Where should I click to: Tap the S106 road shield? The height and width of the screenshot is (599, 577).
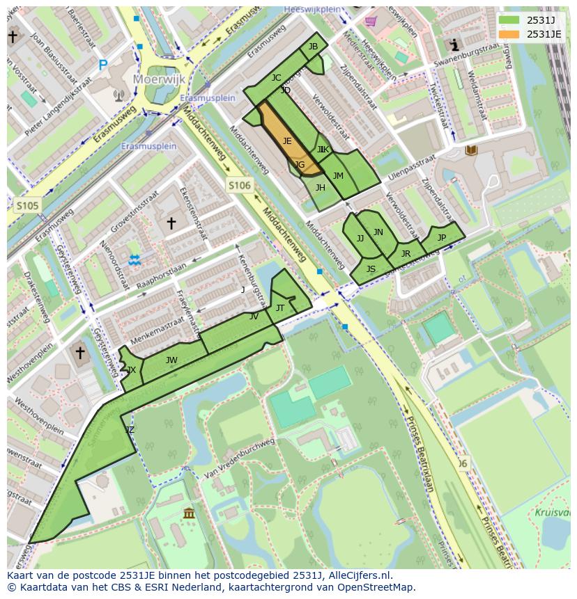238,184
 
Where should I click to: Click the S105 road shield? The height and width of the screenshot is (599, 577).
27,205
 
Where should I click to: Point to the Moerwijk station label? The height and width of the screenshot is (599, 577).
160,80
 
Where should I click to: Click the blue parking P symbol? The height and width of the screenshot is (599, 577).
103,65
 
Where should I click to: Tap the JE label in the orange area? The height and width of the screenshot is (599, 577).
287,141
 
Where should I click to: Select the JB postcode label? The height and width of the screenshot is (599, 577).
313,47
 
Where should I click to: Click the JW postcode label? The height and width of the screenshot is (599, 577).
171,360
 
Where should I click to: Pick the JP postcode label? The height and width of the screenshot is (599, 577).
441,237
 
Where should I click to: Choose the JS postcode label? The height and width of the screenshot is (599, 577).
371,269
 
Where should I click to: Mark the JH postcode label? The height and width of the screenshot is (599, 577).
320,187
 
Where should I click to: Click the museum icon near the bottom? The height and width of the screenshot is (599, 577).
189,513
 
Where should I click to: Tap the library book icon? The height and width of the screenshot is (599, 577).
472,150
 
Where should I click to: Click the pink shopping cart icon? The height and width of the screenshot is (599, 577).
371,21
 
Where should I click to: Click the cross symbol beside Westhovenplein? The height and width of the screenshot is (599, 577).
80,353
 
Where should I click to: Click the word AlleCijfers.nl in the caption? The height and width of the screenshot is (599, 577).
357,575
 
